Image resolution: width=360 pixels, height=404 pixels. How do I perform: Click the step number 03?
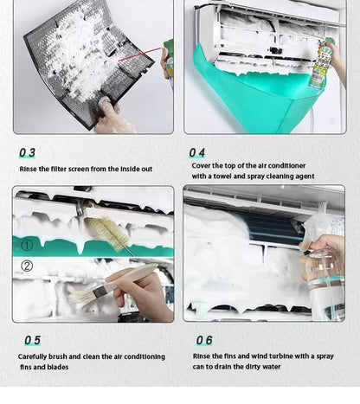[28, 153]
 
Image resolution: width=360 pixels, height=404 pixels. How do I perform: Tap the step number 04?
[197, 153]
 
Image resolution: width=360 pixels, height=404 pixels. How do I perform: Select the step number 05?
[31, 341]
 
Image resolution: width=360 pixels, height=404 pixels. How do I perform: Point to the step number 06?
[203, 341]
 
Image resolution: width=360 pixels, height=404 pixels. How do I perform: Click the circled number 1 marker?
[27, 245]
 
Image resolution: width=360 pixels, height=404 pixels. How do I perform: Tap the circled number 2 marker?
[27, 266]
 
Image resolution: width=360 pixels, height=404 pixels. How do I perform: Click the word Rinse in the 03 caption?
[28, 169]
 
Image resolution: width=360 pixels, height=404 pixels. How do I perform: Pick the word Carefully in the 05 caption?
[35, 356]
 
